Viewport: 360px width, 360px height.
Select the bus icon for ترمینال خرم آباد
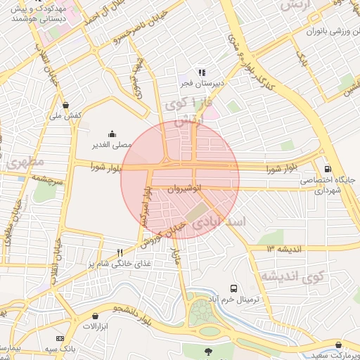click(x=234, y=288)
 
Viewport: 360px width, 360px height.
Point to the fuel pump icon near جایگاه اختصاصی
click(x=328, y=169)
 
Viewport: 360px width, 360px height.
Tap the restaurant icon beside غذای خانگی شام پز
click(x=120, y=252)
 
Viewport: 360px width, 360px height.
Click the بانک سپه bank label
click(x=62, y=348)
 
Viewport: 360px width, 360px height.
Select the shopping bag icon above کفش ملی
click(x=65, y=105)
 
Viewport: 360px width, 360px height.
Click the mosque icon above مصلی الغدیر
click(x=112, y=134)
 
